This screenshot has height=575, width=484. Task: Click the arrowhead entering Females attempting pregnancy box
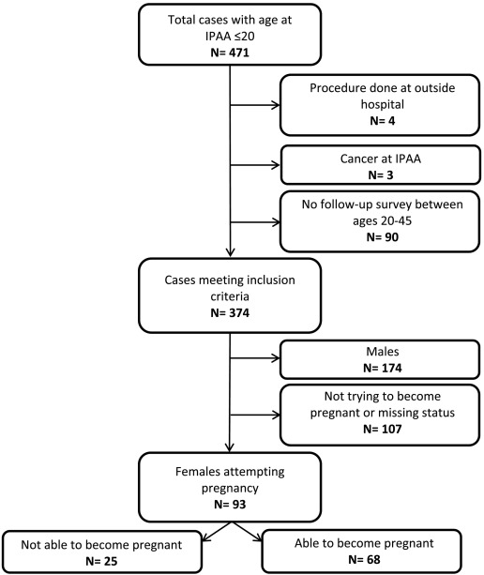point(231,447)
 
